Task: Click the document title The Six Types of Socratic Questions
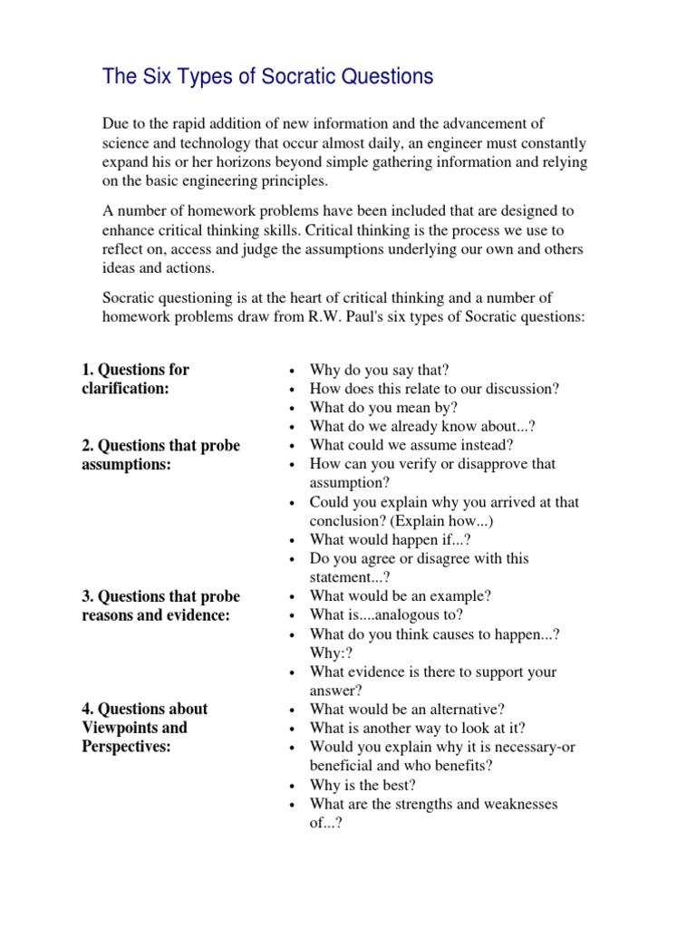(x=267, y=77)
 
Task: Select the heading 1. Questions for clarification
(x=135, y=379)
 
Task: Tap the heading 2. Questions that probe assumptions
(x=160, y=454)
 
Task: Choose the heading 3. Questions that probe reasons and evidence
(x=160, y=605)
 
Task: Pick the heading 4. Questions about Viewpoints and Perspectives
(x=144, y=728)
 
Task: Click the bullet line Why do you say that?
(x=379, y=370)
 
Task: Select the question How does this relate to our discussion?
(x=434, y=389)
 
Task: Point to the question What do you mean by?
(x=383, y=408)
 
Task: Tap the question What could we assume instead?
(x=412, y=445)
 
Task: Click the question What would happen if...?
(x=390, y=539)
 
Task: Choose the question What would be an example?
(x=400, y=596)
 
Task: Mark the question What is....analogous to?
(x=386, y=615)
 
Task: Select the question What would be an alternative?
(x=407, y=710)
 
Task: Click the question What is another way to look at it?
(x=417, y=728)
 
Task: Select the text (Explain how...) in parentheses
(x=446, y=521)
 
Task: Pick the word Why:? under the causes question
(x=331, y=653)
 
